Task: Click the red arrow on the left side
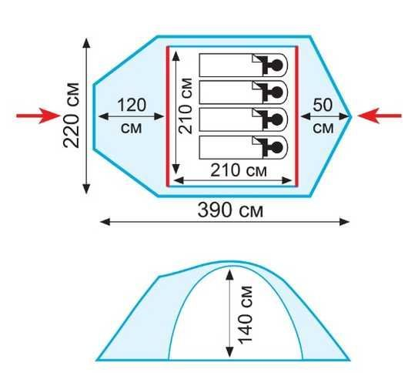point(38,116)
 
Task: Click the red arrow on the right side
point(380,116)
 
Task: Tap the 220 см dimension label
point(72,115)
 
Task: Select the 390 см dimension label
point(230,210)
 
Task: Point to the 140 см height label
point(246,315)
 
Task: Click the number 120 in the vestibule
point(132,106)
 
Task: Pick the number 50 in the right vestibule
point(323,105)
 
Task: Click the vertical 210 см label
point(186,106)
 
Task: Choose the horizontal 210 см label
point(239,170)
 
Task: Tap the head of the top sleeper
point(276,65)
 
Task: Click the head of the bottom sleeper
point(276,147)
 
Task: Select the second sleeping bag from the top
point(243,92)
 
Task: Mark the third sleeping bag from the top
point(243,119)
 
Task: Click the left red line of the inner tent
point(168,116)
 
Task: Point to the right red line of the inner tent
point(296,116)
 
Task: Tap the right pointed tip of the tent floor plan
point(351,116)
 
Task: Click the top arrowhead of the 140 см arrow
point(229,275)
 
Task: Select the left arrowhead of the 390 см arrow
point(105,222)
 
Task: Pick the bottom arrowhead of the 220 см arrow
point(86,189)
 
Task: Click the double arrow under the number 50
point(324,116)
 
